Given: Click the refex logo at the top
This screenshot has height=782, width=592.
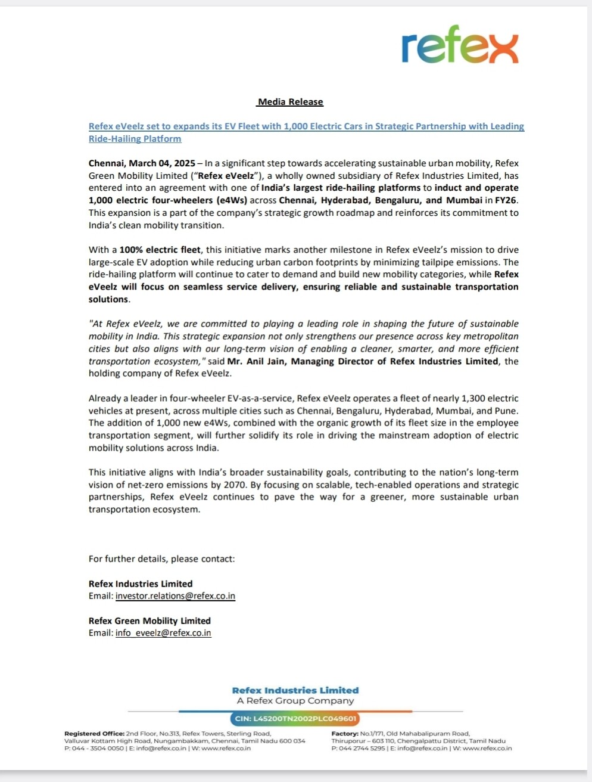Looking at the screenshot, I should coord(460,45).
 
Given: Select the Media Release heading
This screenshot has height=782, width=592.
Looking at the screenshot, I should coord(290,102).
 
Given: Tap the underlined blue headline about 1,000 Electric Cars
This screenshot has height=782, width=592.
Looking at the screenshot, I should coord(306,126).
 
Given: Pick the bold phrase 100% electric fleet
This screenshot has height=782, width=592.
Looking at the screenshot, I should coord(160,250).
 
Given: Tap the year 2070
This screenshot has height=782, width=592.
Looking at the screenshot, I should coord(232,485).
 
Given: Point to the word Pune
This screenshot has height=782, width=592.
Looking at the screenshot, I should coord(506,411).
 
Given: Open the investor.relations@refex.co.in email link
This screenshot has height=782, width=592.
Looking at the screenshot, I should coord(175,596).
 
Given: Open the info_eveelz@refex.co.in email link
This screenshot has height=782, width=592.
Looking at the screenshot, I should coord(163,633).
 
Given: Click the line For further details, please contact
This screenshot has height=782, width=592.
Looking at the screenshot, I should coord(161,559).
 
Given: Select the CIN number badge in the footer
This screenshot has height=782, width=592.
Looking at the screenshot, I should coord(295,719).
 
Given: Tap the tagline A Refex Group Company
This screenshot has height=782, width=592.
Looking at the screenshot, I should coord(295,701).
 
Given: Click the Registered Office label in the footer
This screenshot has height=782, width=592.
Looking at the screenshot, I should coord(95,734).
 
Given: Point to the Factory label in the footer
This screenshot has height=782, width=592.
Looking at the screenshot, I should coord(345,734).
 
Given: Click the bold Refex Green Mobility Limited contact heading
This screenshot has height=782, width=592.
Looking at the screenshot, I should coord(149,621).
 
